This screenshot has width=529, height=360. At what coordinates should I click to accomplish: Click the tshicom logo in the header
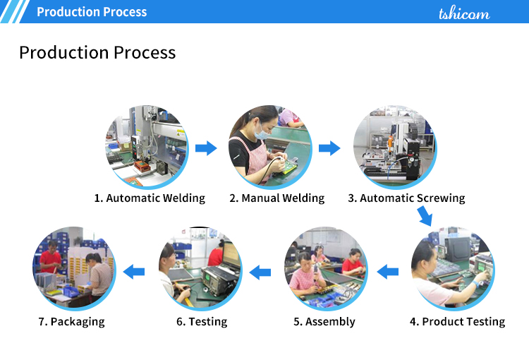coord(464,13)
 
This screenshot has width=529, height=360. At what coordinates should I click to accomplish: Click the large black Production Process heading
coord(97,53)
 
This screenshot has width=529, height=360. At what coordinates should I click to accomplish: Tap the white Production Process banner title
coord(92,12)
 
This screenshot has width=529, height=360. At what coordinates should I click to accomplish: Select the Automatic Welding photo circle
coord(147,147)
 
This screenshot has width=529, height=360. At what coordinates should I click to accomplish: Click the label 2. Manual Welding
coord(277,198)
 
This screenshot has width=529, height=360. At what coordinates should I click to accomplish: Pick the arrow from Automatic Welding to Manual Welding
coord(206,148)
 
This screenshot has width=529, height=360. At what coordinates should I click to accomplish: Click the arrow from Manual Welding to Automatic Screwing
coord(329,148)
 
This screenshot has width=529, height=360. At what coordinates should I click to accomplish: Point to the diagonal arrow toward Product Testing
coord(425,217)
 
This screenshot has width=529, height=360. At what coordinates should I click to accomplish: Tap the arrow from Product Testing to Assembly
coord(388,272)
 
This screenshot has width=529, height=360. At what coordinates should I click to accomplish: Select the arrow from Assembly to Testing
coord(260,272)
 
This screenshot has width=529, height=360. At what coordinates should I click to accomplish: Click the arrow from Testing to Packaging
coord(134,272)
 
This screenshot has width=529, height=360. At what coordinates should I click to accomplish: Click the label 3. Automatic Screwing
coord(406,198)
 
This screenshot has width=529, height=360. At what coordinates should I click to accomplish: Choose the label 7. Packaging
coord(71,321)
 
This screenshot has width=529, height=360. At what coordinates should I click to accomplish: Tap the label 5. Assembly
coord(324,321)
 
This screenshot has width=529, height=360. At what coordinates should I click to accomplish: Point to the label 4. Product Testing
coord(458,321)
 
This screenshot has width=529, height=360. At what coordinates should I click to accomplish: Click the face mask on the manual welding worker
coord(262,133)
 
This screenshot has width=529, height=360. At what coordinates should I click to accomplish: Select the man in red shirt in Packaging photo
coord(51,257)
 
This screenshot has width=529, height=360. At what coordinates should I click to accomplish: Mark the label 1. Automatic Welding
coord(150,198)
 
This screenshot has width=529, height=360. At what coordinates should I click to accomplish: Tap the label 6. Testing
coord(202,321)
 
